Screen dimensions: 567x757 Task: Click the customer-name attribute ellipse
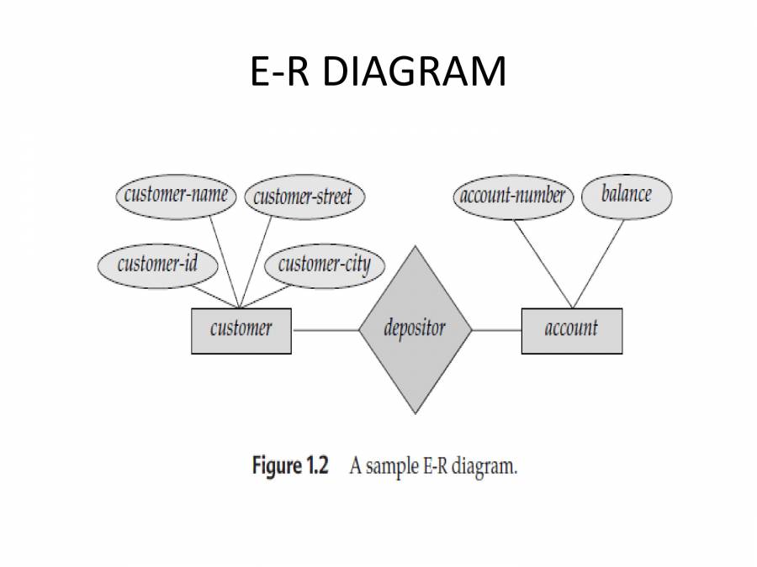(x=175, y=196)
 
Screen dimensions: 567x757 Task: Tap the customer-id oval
(x=157, y=265)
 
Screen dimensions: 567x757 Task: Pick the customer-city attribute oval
(x=324, y=265)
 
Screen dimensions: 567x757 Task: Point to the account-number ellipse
(x=512, y=197)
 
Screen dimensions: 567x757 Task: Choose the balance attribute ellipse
(x=627, y=195)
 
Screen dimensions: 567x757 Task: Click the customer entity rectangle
(x=241, y=328)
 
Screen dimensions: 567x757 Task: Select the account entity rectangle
(x=572, y=328)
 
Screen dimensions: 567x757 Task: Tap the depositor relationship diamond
(x=415, y=328)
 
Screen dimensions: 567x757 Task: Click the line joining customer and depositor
(x=326, y=329)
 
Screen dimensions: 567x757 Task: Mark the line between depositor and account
(x=496, y=329)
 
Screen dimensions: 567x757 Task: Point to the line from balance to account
(x=599, y=262)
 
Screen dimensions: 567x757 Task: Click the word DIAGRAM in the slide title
(x=416, y=72)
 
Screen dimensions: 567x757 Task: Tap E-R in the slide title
(x=281, y=72)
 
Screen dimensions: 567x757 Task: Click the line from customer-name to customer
(x=225, y=256)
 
